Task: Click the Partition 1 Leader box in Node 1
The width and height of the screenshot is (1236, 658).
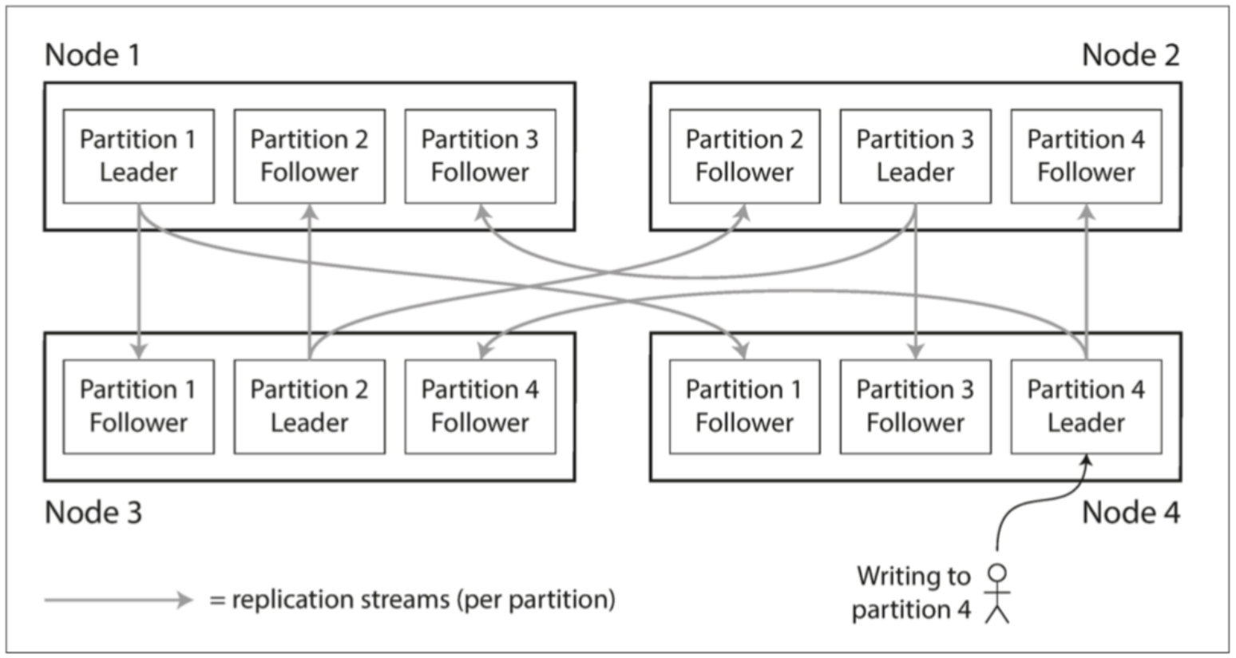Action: [138, 157]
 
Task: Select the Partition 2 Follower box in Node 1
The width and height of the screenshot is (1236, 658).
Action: [310, 157]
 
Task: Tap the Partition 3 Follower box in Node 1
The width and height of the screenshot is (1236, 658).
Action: [480, 157]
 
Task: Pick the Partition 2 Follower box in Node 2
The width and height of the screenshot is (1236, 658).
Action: [745, 157]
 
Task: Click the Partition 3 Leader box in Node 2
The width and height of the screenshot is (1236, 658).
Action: [915, 157]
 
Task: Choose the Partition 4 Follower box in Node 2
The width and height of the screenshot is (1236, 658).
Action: [1087, 157]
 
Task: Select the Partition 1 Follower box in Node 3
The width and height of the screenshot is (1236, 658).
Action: [138, 406]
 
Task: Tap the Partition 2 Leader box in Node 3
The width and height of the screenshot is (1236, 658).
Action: [310, 406]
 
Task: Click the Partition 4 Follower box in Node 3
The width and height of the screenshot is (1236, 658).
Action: [480, 406]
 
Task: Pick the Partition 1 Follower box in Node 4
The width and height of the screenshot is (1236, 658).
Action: [745, 406]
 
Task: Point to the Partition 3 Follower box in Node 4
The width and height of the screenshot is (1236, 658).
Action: [915, 406]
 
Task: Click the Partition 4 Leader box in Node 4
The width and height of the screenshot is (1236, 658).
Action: [1087, 406]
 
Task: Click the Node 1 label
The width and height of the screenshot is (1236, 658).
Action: [92, 55]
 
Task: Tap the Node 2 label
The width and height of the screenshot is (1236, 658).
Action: [1131, 55]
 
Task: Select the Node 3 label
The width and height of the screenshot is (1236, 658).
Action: [93, 513]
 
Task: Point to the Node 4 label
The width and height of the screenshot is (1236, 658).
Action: [1131, 513]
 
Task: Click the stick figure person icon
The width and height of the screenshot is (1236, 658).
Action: [997, 593]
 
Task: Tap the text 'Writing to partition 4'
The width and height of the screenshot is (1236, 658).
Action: [912, 593]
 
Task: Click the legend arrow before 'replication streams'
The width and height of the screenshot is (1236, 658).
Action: [119, 600]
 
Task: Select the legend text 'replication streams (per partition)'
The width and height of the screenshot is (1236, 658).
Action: [423, 600]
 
